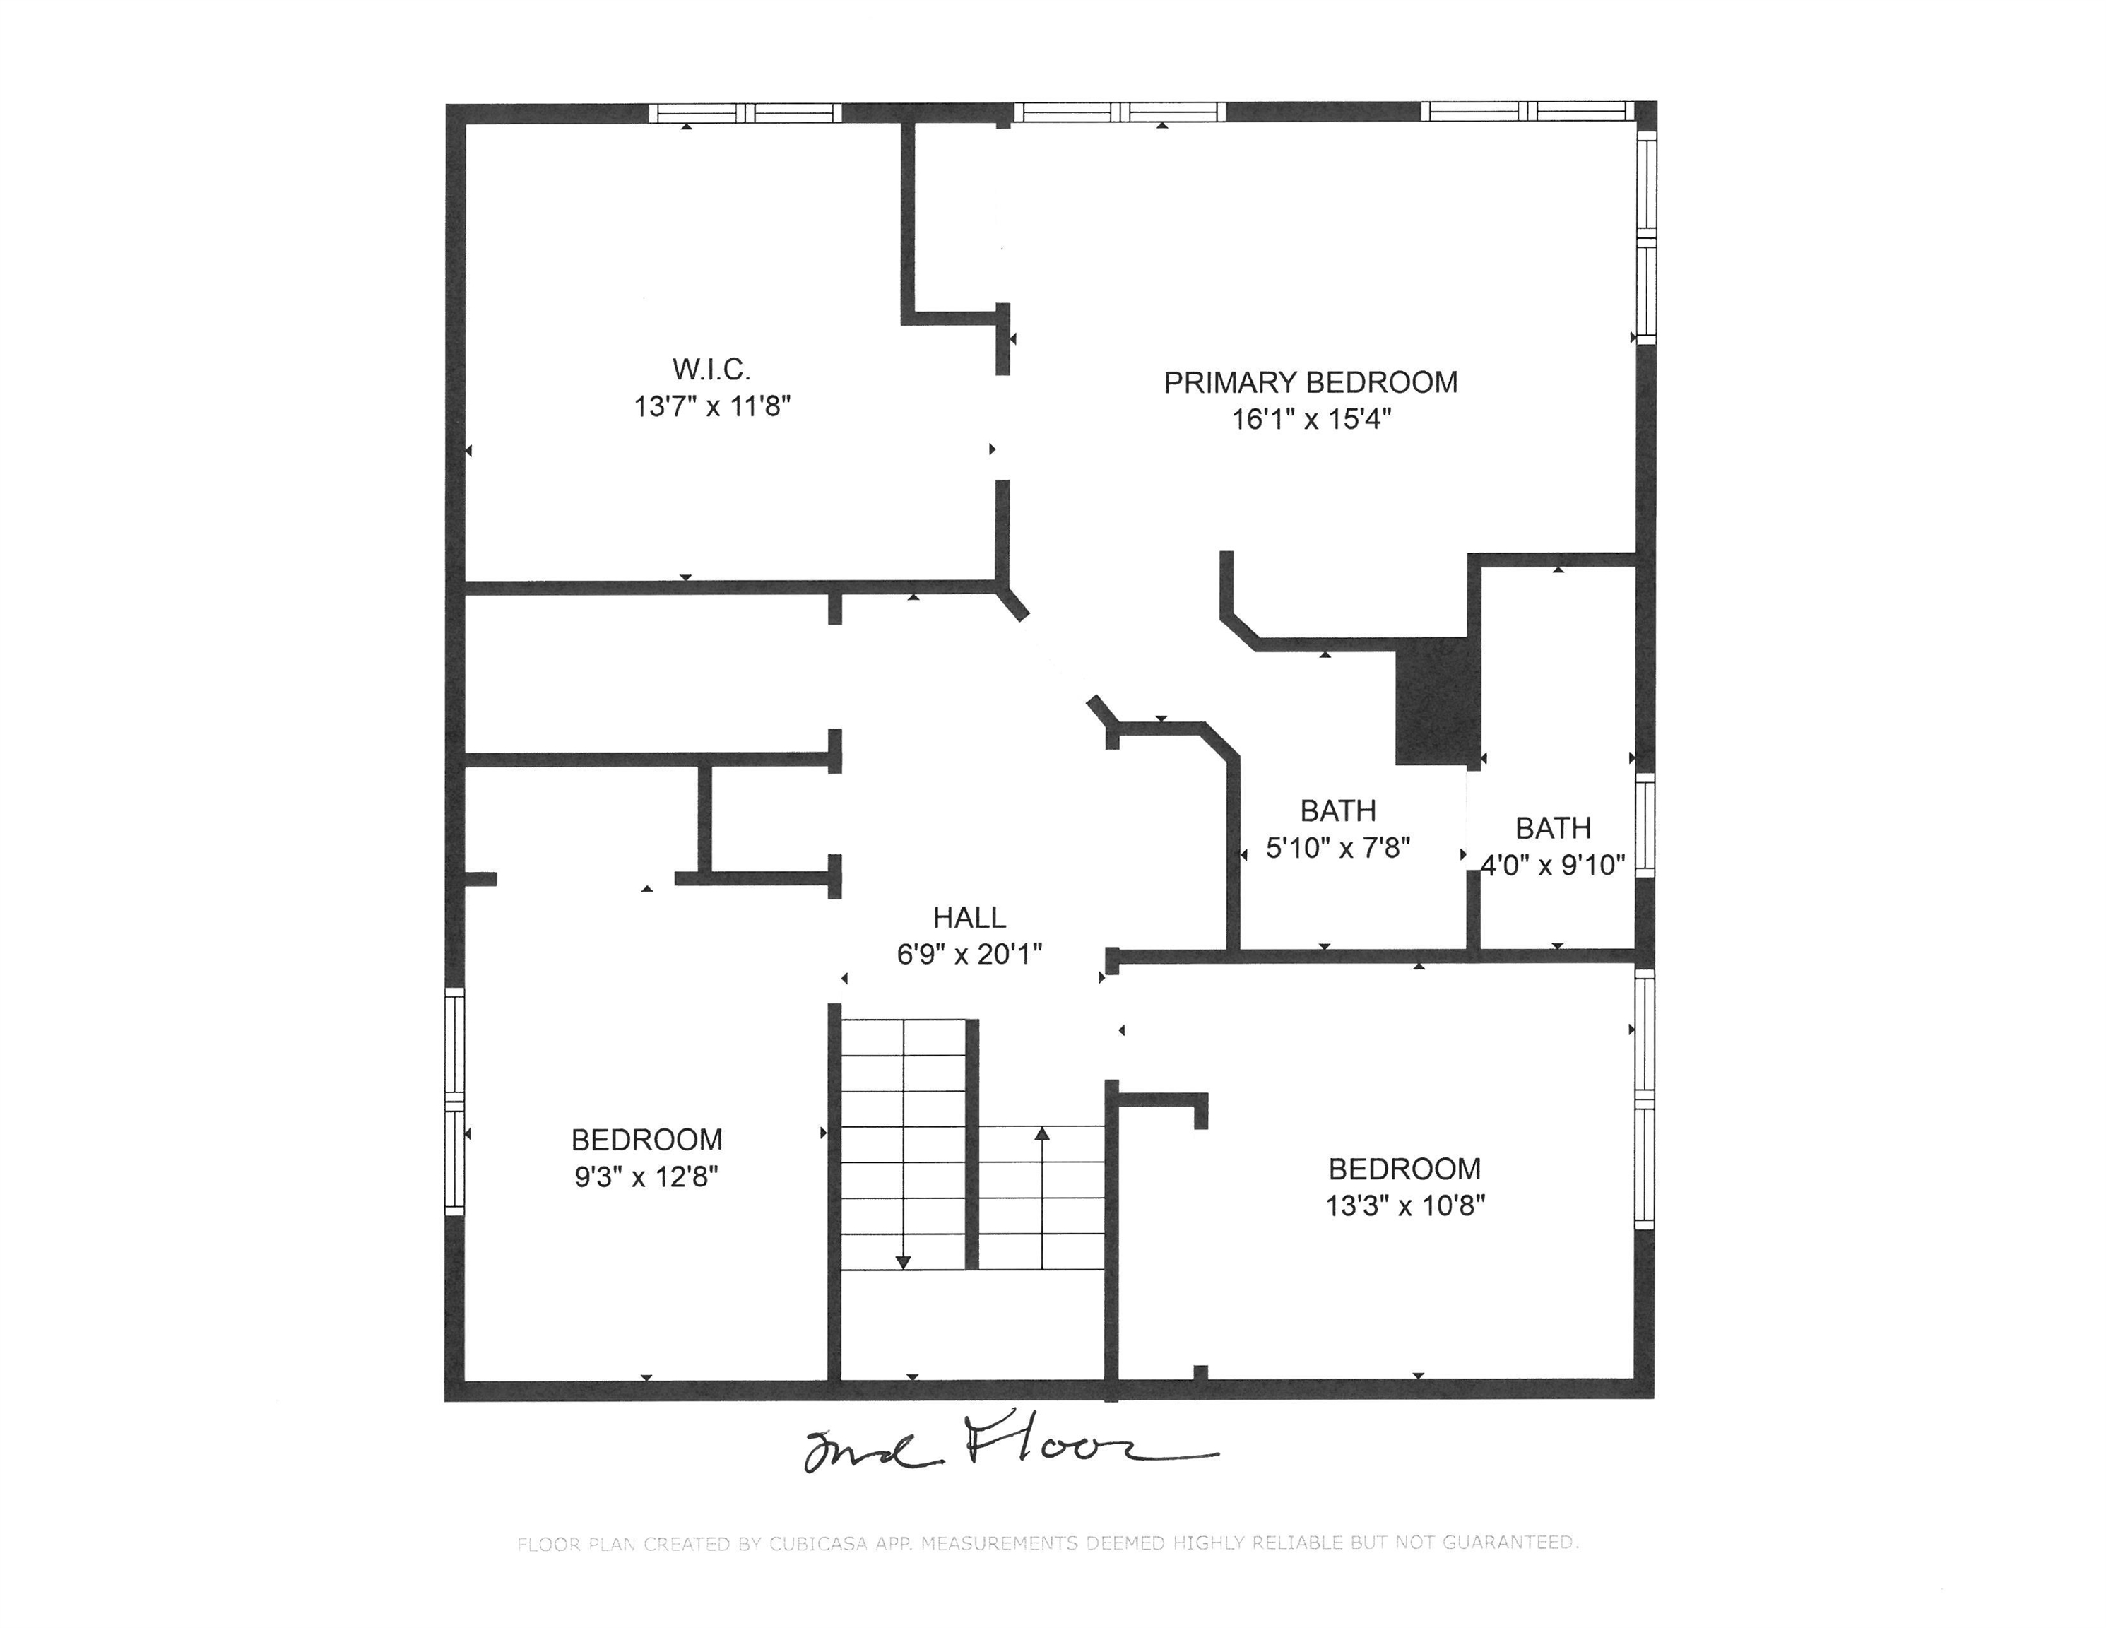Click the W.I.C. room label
(x=711, y=370)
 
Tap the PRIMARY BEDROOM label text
(x=1311, y=383)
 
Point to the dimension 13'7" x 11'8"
(x=711, y=406)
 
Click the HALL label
(x=969, y=917)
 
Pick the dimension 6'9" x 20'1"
(x=969, y=954)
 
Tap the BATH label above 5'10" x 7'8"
(x=1337, y=811)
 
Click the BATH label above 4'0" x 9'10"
(x=1553, y=828)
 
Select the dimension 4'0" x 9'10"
(x=1553, y=865)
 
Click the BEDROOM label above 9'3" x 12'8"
(x=646, y=1140)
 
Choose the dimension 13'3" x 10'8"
(x=1405, y=1205)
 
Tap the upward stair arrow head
(x=1041, y=1133)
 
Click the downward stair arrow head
(x=903, y=1261)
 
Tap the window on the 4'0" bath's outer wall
(x=1645, y=825)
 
